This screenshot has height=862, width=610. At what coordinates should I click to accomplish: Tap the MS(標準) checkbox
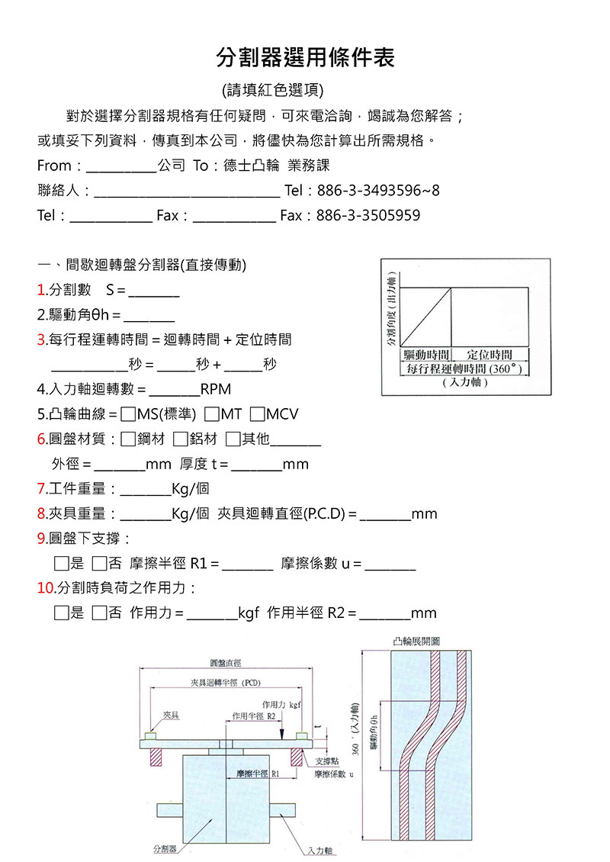point(128,415)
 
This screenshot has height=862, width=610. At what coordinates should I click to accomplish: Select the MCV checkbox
point(257,415)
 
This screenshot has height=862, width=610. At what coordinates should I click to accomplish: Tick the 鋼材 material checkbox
point(128,439)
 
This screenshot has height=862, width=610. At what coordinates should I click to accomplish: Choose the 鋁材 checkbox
point(180,439)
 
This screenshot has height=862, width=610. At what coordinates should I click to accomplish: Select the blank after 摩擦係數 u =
point(390,566)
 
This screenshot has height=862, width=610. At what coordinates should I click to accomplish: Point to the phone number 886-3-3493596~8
point(377,191)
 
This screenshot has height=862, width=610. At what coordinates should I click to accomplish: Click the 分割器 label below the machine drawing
point(164,848)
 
